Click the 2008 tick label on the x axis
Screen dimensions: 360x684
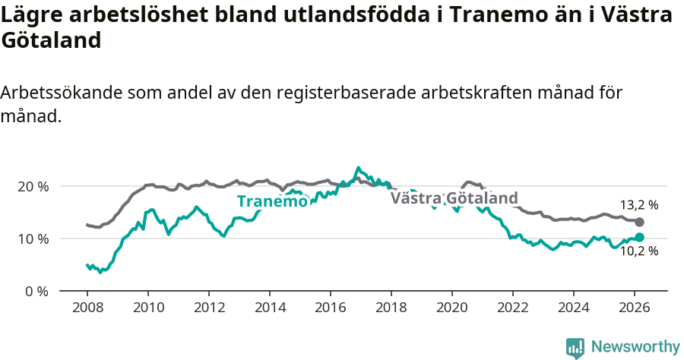pos(87,308)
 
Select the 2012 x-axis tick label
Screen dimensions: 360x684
pos(208,308)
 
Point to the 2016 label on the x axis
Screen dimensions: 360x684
pos(330,308)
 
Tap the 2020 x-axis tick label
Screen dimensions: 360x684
pos(451,308)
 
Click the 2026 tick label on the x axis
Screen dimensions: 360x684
pos(634,308)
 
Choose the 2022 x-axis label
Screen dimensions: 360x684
pos(512,308)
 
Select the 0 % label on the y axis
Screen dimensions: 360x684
pos(37,291)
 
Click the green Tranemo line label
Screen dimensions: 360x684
pos(272,201)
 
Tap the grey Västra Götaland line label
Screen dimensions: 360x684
pos(454,198)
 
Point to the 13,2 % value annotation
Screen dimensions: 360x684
pos(639,205)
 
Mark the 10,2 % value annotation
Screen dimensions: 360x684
pos(639,251)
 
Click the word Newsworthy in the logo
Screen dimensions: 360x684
pos(635,347)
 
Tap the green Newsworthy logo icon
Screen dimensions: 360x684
pos(575,348)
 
